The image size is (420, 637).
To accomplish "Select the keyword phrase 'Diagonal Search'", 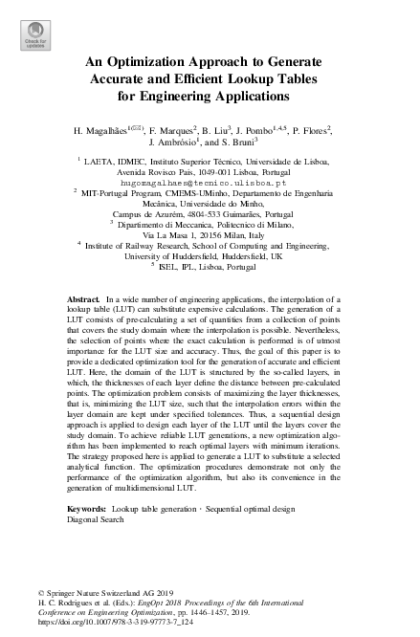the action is point(96,519).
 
